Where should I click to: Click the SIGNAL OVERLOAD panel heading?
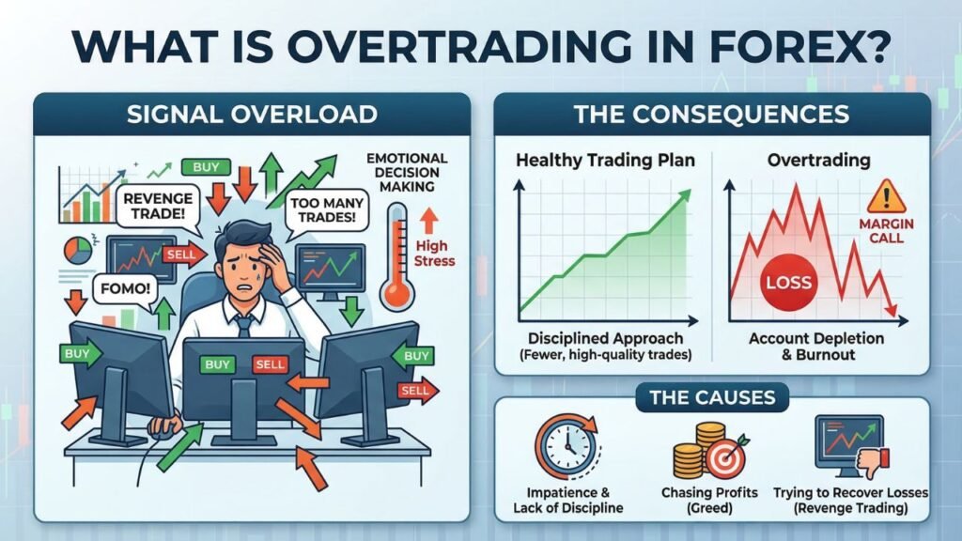pyautogui.click(x=252, y=114)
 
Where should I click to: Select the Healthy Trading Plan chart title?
pyautogui.click(x=605, y=160)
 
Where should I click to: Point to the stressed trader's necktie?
pyautogui.click(x=243, y=324)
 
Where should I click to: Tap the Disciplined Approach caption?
pyautogui.click(x=605, y=338)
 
